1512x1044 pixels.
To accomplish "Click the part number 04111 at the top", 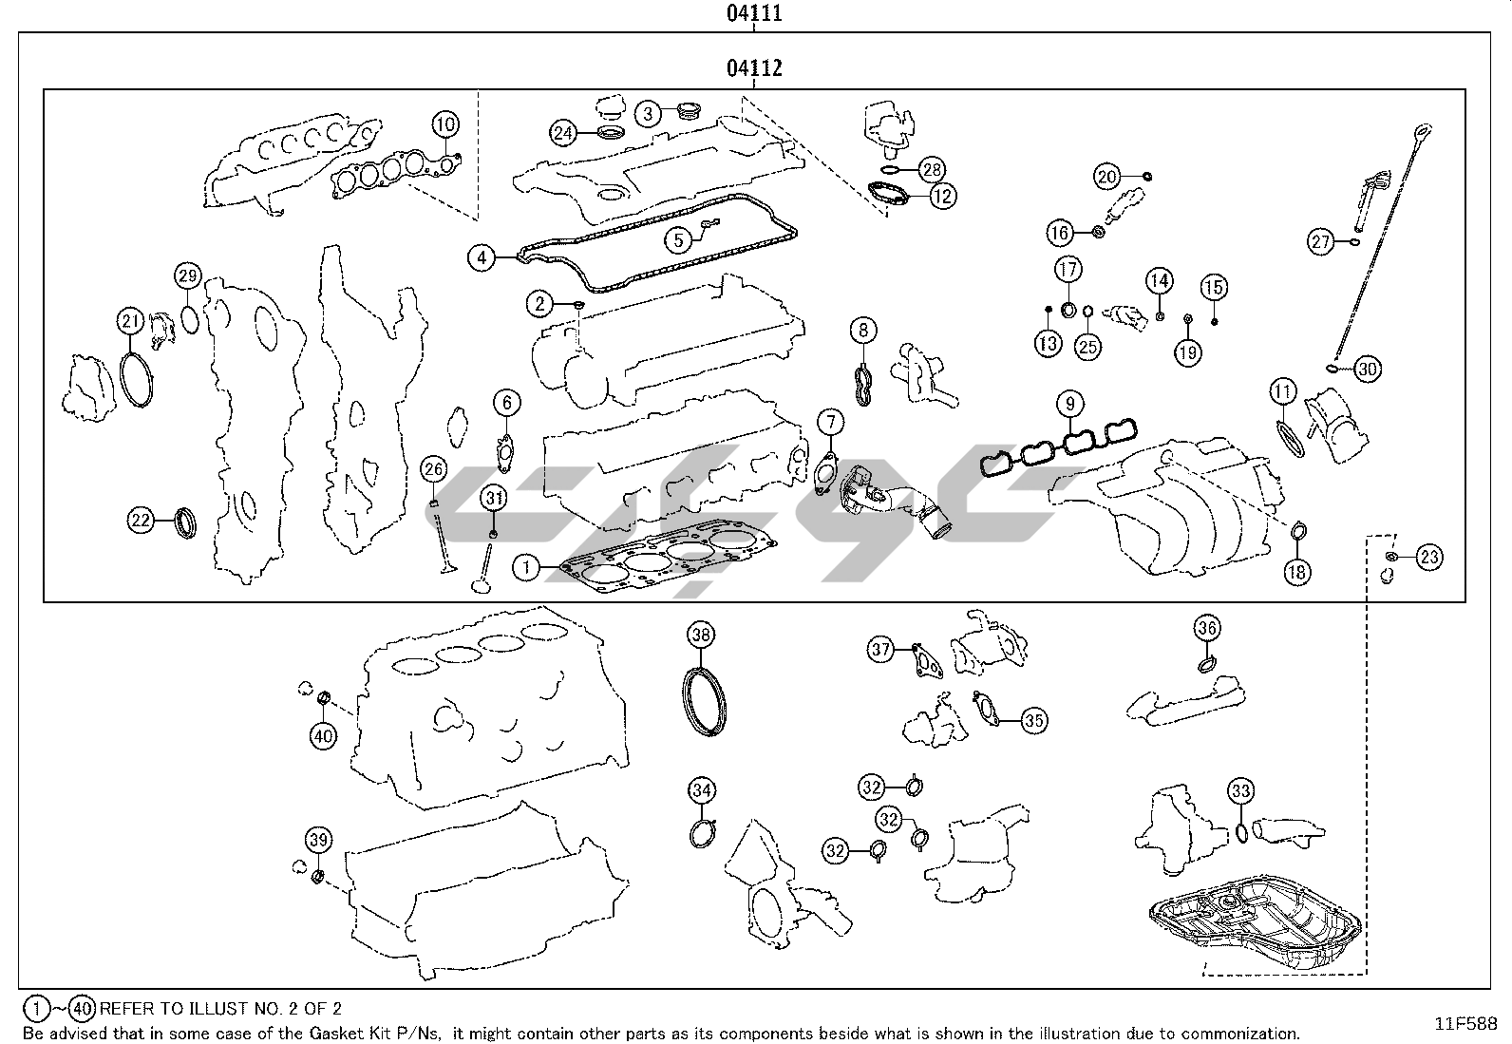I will [x=754, y=12].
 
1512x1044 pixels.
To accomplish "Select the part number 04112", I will [x=754, y=67].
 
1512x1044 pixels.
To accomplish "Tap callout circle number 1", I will [x=525, y=568].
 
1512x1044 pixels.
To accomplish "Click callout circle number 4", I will [x=482, y=256].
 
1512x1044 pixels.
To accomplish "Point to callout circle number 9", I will [x=1069, y=404].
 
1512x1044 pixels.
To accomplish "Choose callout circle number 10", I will [x=445, y=124].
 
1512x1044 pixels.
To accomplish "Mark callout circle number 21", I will [x=131, y=321].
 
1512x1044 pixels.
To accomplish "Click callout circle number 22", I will [x=142, y=520].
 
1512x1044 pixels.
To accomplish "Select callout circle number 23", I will [x=1429, y=558].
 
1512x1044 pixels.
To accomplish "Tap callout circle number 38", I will [x=701, y=635].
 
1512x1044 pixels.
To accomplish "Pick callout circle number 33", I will [x=1240, y=790].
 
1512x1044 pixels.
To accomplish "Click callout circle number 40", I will [x=324, y=734].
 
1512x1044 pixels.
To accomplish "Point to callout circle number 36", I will [x=1207, y=628].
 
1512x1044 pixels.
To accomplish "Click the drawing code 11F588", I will [x=1465, y=1023].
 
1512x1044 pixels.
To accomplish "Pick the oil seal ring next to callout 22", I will [x=189, y=522].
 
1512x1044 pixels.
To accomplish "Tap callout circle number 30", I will [x=1366, y=370].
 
